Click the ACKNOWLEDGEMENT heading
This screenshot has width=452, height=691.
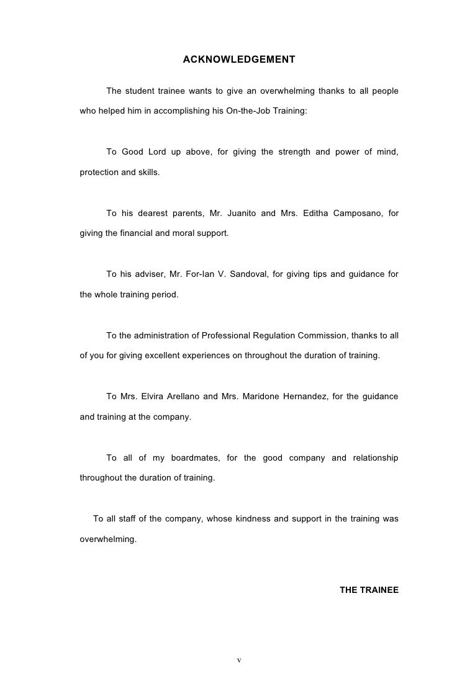pos(238,60)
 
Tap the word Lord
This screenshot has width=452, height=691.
pos(158,153)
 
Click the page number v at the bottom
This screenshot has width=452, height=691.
pos(238,659)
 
